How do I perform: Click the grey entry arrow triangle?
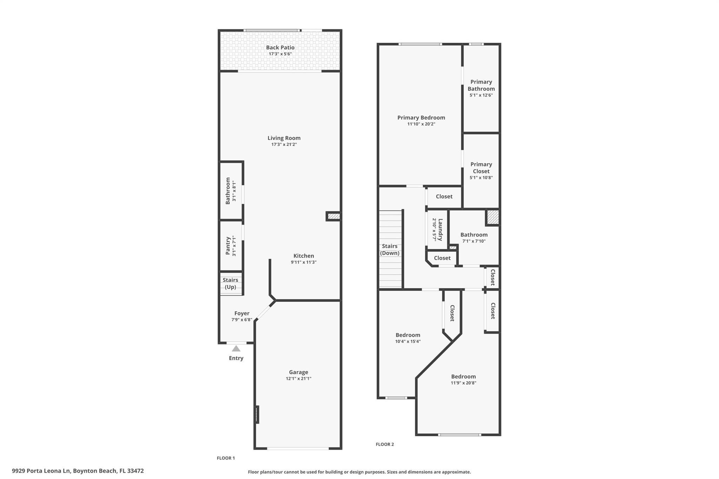(236, 348)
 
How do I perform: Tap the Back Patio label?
(280, 48)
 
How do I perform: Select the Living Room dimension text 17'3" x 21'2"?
(284, 144)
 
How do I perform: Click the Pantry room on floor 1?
(231, 246)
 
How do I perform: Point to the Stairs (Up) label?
(230, 283)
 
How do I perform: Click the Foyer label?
(242, 313)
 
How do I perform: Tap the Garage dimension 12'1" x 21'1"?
(298, 379)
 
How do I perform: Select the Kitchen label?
(304, 256)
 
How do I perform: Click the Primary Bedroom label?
(421, 118)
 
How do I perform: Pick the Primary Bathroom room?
(481, 88)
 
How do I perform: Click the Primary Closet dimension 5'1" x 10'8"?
(481, 178)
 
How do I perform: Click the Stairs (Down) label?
(390, 250)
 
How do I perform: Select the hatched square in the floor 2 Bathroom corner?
(493, 217)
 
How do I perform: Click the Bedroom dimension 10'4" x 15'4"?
(408, 341)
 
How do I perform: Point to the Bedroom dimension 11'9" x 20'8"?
(463, 383)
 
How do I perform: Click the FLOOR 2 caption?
(385, 444)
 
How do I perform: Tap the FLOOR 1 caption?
(226, 458)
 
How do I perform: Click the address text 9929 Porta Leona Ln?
(41, 471)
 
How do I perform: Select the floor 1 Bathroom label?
(228, 191)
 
